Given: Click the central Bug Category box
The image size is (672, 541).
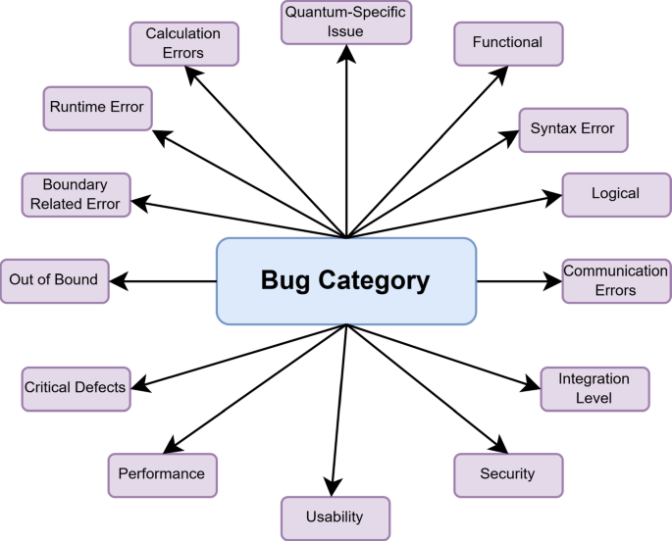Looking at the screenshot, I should pos(345,281).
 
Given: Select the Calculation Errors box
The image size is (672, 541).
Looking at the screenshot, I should pos(183,44).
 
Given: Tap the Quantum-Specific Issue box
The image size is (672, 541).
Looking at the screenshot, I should pos(346,23).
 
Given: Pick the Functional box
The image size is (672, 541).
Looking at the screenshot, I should pos(506,44).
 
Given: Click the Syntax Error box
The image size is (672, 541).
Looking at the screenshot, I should pos(572,129).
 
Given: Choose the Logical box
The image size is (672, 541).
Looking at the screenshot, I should pos(615,194).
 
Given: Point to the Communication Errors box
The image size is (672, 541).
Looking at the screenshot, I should pos(615,280).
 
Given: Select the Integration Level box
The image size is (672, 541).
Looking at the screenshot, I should pos(594,389).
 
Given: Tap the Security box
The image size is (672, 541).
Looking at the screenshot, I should pos(507,474).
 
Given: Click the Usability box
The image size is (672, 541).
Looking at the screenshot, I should pos(335,517).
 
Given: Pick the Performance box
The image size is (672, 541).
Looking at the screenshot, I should pos(162,474).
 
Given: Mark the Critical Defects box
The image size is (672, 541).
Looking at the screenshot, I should pos(76,387).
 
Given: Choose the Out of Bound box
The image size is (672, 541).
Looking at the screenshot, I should pos(54,280).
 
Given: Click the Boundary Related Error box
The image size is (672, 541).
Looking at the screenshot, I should pos(76,194).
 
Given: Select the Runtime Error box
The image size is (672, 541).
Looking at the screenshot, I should pos(97,108).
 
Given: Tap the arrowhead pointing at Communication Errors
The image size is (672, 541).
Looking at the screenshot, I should pos(551,281).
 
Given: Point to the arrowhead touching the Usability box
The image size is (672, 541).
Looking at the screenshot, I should pos(334,486).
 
